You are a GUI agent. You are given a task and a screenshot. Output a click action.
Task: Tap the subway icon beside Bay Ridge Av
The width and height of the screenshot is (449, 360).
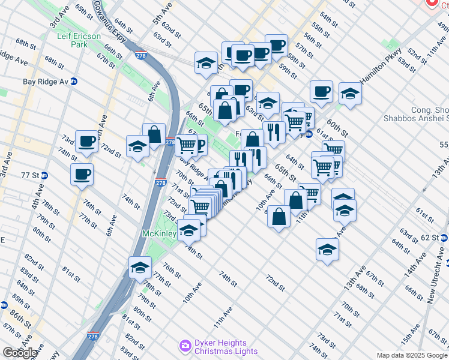tap(74, 81)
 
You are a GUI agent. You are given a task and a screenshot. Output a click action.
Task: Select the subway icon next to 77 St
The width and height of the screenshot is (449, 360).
tap(44, 175)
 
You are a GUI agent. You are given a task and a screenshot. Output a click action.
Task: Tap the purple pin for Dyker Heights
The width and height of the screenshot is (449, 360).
tap(185, 347)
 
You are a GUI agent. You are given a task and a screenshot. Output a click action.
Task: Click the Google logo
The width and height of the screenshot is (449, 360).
tap(20, 353)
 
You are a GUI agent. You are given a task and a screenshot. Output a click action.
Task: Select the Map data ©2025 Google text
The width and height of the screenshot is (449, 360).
tap(412, 355)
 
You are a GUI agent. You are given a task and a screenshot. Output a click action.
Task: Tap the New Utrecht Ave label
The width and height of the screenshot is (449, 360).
tap(436, 275)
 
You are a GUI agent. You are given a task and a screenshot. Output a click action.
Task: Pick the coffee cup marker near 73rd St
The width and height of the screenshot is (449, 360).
tap(87, 142)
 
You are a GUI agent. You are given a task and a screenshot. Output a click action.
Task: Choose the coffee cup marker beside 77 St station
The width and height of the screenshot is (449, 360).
tap(81, 175)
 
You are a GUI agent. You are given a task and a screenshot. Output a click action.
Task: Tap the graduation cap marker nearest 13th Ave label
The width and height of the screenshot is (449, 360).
tap(327, 249)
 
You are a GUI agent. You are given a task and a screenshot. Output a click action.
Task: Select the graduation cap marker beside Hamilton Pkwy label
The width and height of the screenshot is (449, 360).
tap(350, 93)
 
